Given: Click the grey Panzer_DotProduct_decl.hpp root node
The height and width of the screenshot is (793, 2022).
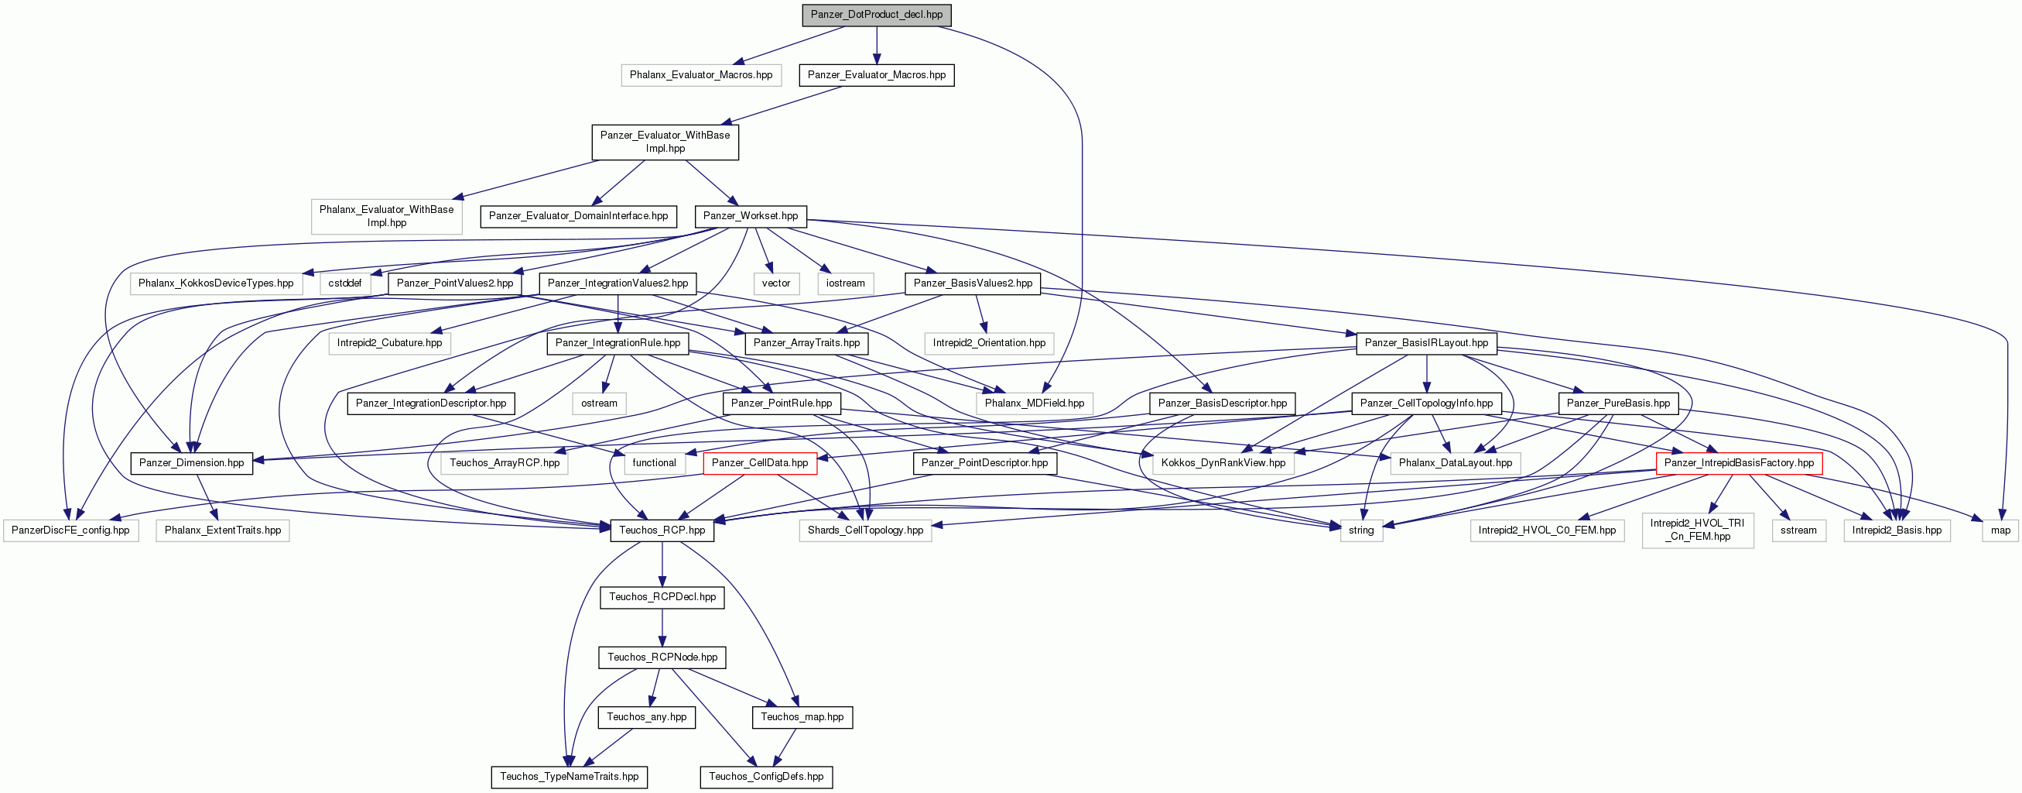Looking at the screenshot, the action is point(876,14).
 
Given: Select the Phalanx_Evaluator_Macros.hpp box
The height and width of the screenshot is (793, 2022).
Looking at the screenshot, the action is point(701,74).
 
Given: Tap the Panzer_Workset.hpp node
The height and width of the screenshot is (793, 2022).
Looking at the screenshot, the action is point(751,216).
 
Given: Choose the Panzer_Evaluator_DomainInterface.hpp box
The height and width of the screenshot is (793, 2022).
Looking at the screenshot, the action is point(579,216).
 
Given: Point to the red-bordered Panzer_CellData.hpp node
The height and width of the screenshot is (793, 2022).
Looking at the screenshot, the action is point(760,463).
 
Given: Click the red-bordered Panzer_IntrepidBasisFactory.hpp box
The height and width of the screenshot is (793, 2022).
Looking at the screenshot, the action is point(1739,463).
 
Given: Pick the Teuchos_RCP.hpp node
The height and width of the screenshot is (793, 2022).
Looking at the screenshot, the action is point(662,530).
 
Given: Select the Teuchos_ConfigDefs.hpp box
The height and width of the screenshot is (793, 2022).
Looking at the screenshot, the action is point(766,777).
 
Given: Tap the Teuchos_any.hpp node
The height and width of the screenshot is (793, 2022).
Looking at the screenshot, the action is point(646,717).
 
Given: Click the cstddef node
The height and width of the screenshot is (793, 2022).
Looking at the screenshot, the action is point(344,283).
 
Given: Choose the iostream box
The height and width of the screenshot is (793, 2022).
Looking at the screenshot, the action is point(845,283).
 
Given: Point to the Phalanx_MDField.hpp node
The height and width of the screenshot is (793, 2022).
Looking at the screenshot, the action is point(1035,403).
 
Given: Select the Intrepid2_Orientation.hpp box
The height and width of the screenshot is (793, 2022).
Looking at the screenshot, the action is point(989,343).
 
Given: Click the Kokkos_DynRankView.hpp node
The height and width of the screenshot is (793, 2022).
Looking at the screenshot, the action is point(1223,463).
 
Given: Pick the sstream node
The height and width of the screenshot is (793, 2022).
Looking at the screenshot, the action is point(1798,530).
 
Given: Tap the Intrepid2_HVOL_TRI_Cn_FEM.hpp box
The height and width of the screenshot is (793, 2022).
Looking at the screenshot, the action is point(1698,530).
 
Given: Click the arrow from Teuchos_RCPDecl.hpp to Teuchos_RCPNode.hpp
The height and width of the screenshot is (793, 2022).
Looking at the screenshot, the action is point(662,627).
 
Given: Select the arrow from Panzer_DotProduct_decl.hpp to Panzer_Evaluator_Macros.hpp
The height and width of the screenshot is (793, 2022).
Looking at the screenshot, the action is point(877,45).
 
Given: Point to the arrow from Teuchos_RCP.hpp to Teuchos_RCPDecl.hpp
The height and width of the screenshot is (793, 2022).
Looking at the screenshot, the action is point(662,565).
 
